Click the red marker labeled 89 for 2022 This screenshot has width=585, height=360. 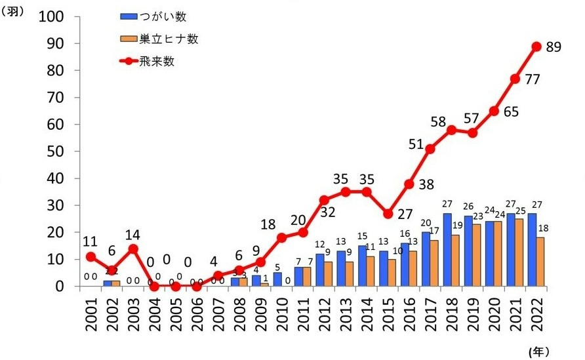536,47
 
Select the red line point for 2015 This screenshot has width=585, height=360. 388,214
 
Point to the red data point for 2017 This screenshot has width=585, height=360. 430,149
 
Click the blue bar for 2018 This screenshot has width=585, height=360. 447,250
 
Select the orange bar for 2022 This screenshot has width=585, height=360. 540,262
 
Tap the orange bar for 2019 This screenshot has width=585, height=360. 477,255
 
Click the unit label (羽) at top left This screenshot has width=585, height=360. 15,13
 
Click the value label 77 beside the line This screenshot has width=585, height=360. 533,80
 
